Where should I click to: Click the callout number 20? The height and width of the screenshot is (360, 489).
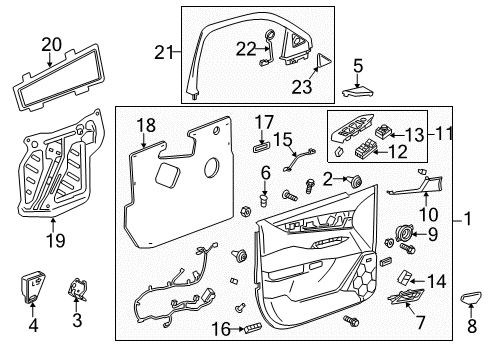[51, 43]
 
